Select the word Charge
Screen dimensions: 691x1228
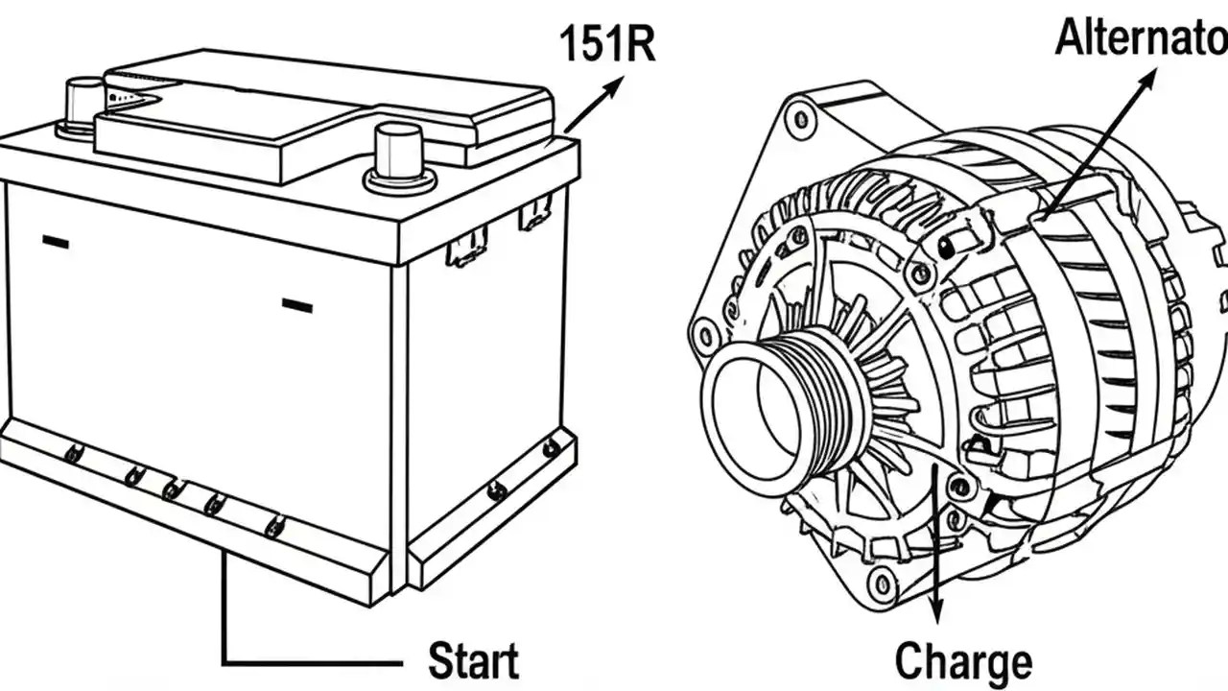[x=963, y=662]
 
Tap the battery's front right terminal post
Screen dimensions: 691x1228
[x=399, y=154]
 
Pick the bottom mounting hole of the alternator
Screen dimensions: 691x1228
[x=879, y=580]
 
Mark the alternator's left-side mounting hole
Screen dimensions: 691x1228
[x=706, y=336]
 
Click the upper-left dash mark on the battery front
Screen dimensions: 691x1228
[x=55, y=244]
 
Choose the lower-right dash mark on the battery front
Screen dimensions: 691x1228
[x=297, y=306]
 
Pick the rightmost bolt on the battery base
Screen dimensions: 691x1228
[x=551, y=446]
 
